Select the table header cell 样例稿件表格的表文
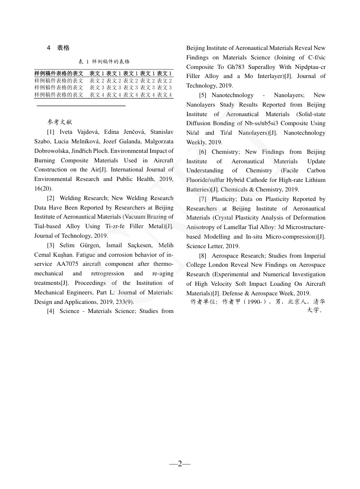(58, 73)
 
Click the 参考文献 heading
(59, 122)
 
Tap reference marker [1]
(51, 132)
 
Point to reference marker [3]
(51, 245)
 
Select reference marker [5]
(203, 95)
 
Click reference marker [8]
(203, 256)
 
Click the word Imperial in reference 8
(314, 256)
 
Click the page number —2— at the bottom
(180, 464)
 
